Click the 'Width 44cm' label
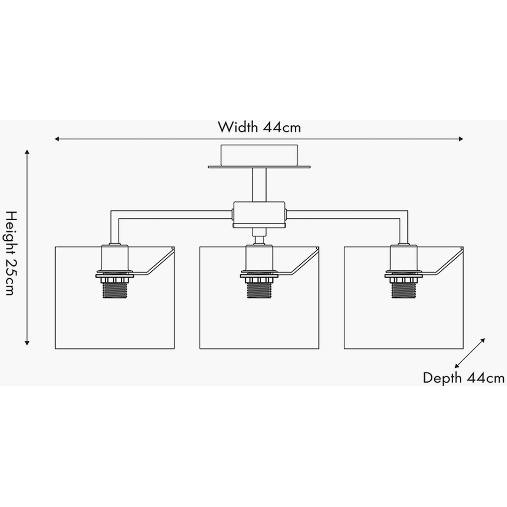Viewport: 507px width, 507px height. point(259,127)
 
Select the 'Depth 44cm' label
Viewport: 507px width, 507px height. point(464,378)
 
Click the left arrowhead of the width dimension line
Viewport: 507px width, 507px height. point(57,139)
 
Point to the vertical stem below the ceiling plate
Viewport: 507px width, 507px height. point(259,185)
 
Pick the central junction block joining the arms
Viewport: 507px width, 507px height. point(259,215)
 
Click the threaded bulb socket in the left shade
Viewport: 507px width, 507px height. point(115,291)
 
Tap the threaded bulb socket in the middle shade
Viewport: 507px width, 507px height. point(259,291)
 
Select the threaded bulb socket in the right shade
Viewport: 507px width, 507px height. point(404,291)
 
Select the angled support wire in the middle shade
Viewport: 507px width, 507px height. point(297,262)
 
